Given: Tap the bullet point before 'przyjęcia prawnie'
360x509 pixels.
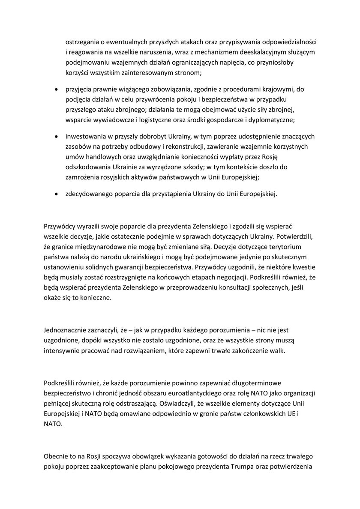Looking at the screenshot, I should (x=55, y=89).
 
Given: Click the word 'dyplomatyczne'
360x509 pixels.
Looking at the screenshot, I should (x=272, y=118).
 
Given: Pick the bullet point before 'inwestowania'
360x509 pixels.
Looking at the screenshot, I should (x=55, y=137).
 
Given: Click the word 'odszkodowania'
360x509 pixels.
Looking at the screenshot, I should (x=87, y=166).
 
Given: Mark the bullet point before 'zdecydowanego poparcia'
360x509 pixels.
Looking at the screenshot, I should (x=55, y=194).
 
